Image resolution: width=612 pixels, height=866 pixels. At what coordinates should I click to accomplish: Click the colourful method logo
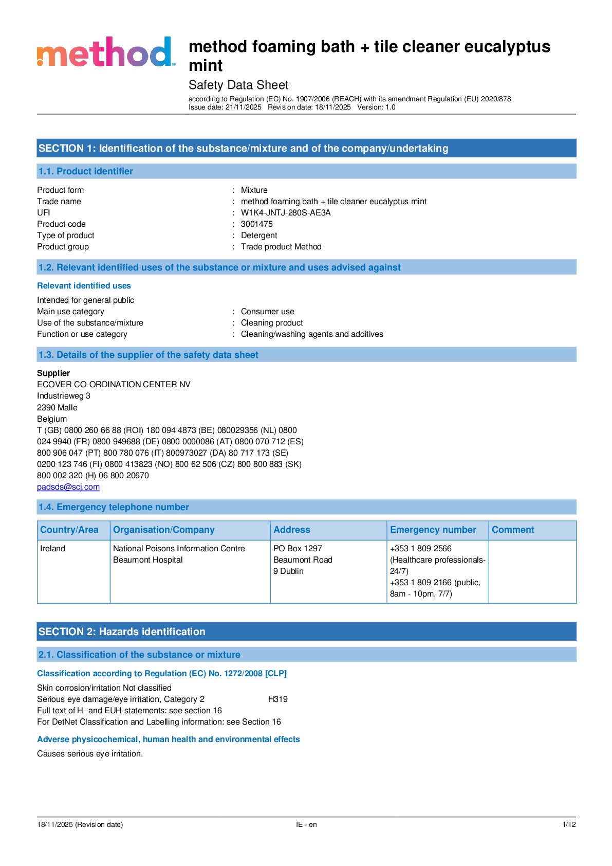point(106,52)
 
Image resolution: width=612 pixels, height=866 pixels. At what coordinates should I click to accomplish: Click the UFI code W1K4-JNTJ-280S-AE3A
point(286,213)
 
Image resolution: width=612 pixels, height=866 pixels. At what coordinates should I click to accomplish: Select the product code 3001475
point(257,224)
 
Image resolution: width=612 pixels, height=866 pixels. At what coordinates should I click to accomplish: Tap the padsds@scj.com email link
point(68,487)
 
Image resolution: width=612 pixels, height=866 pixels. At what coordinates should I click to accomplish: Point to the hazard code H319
point(278,699)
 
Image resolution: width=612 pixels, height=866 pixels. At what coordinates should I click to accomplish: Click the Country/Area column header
point(69,530)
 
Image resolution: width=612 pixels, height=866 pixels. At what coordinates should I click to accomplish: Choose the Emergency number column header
point(433,530)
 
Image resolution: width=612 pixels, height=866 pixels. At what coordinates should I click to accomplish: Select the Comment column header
point(513,530)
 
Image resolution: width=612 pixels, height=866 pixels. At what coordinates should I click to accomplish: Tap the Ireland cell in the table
point(53,549)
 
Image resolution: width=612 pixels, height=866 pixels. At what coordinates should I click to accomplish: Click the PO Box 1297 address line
point(298,549)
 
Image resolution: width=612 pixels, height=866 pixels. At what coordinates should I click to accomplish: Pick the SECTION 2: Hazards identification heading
point(122,632)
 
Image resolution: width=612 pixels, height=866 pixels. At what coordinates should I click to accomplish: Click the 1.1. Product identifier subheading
point(86,171)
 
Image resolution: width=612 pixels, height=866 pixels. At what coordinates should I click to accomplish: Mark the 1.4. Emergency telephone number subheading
point(114,507)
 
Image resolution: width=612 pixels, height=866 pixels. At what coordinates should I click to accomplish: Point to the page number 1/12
point(569,825)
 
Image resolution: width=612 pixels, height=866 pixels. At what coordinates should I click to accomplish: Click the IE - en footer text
point(306,825)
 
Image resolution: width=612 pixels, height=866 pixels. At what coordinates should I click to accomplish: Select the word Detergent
point(259,236)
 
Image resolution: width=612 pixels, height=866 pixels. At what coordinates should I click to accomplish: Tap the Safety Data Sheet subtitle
point(238,85)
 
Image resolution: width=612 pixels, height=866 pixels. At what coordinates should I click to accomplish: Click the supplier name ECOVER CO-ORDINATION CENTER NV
point(114,385)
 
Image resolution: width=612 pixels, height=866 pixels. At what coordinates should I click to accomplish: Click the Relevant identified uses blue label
point(84,286)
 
